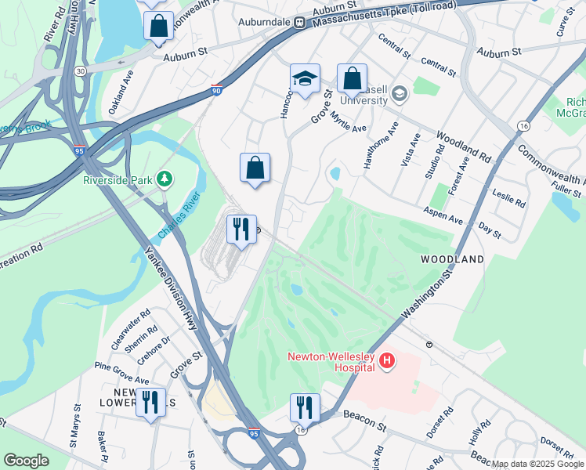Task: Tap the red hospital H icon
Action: pyautogui.click(x=386, y=360)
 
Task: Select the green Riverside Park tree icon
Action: pyautogui.click(x=165, y=179)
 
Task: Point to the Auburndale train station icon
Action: pyautogui.click(x=299, y=23)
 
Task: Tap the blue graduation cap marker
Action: pyautogui.click(x=305, y=79)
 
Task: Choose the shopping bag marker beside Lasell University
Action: pyautogui.click(x=352, y=79)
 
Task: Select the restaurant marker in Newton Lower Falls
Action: pyautogui.click(x=150, y=403)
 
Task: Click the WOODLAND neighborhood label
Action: pyautogui.click(x=452, y=258)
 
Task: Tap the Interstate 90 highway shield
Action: pyautogui.click(x=217, y=91)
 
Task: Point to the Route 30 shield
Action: pyautogui.click(x=80, y=71)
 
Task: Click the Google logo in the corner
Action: pyautogui.click(x=26, y=461)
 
